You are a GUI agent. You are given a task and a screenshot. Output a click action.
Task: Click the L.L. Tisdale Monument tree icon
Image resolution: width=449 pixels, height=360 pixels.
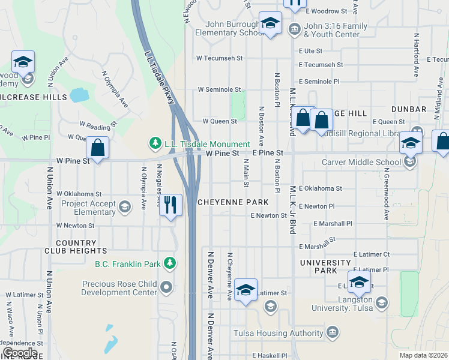click(x=155, y=143)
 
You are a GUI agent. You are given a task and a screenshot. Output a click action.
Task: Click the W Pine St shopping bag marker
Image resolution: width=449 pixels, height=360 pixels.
click(x=97, y=148)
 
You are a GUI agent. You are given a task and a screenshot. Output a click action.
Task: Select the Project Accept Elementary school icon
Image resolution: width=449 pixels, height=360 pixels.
click(x=125, y=208)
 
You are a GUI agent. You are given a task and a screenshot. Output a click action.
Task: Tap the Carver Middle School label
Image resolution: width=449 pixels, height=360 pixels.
click(x=361, y=162)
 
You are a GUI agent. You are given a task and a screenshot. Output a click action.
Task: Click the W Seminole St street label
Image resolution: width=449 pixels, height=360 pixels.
click(x=220, y=89)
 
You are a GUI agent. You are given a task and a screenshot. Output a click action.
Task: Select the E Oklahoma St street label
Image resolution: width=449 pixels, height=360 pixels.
click(x=320, y=188)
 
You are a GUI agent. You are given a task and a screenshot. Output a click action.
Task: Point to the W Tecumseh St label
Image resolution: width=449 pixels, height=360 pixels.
click(x=220, y=58)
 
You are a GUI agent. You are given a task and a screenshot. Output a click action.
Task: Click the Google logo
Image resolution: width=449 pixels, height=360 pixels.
click(x=19, y=353)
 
